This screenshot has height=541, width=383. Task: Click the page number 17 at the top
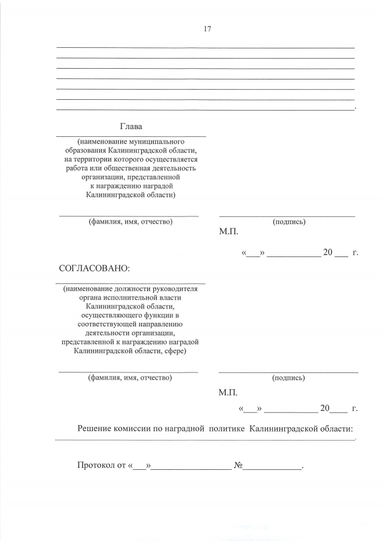(207, 29)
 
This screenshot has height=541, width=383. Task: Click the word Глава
(131, 127)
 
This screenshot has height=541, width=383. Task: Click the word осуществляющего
(111, 314)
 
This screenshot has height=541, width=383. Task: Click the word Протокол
(96, 465)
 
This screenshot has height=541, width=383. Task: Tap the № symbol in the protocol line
(238, 465)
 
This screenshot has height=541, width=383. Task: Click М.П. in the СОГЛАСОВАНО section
(229, 393)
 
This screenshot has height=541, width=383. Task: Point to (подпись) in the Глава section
(288, 222)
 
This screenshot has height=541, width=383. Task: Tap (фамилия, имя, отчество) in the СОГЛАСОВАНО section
(130, 378)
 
